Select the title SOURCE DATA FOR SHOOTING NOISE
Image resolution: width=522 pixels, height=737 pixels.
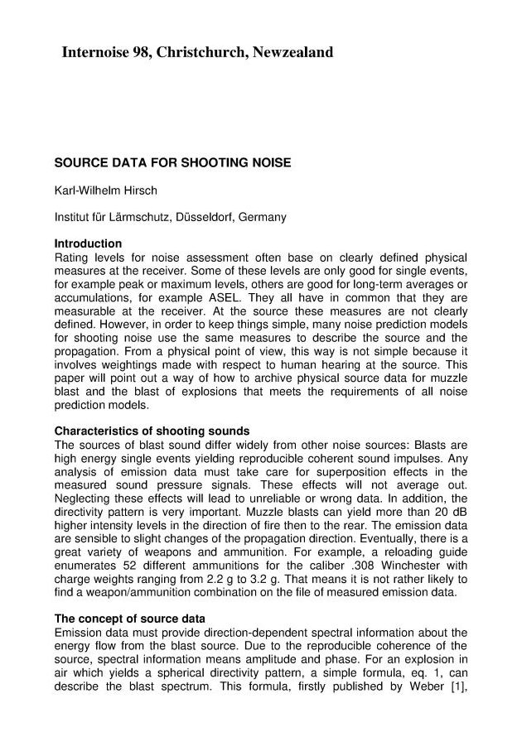(172, 163)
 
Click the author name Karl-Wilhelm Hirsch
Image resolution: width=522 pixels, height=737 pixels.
(105, 190)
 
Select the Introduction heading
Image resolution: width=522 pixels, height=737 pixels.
(88, 244)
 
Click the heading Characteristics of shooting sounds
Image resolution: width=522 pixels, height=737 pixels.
(152, 431)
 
